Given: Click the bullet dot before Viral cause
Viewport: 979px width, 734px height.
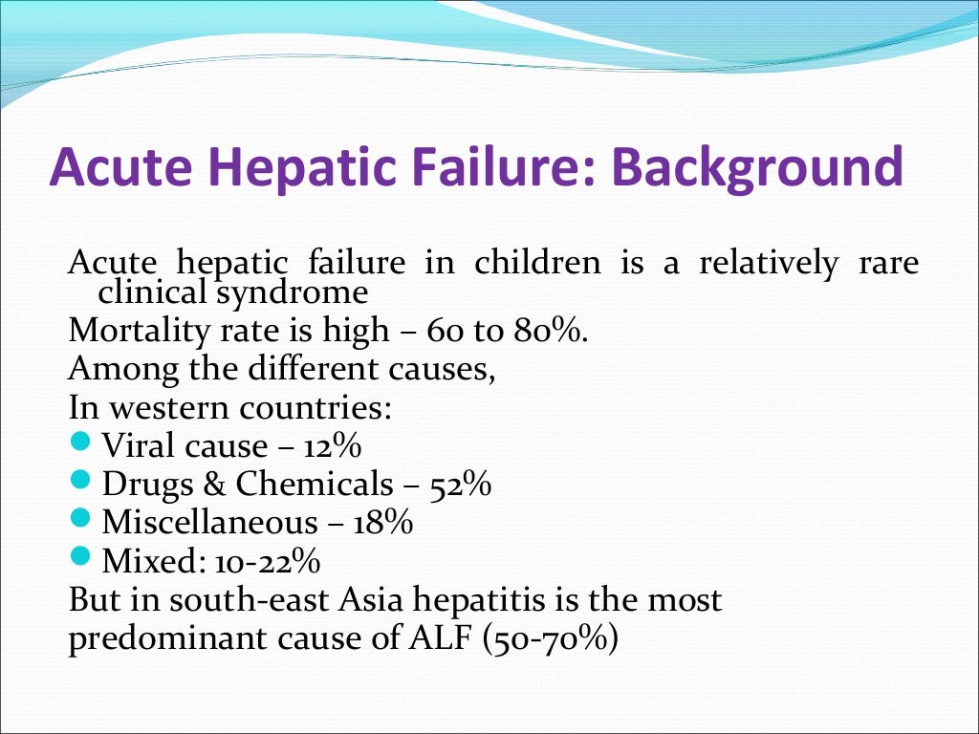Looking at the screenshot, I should coord(81,442).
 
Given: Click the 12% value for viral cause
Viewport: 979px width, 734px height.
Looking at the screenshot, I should coord(333,446).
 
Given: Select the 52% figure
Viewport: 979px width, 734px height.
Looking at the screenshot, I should coord(461,485).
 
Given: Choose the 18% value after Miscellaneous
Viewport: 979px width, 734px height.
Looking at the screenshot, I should coord(384,523).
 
